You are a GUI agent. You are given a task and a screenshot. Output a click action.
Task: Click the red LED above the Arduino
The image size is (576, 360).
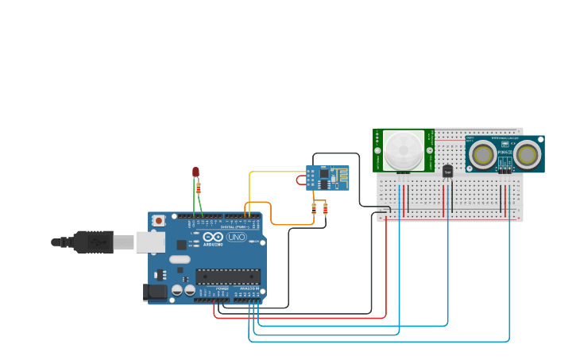pyautogui.click(x=195, y=172)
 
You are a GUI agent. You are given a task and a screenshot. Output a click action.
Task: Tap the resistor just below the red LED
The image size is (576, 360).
pyautogui.click(x=198, y=188)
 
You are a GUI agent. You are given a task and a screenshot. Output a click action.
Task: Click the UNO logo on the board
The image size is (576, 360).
pyautogui.click(x=237, y=237)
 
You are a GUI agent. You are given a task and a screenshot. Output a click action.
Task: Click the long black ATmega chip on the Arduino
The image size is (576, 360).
pyautogui.click(x=228, y=277)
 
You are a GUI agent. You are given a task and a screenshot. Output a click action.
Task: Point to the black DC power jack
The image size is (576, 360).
pyautogui.click(x=157, y=292)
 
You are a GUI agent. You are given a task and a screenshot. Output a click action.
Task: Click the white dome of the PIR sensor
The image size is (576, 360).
pyautogui.click(x=404, y=149)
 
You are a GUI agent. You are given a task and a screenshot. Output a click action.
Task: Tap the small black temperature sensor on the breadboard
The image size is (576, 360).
pyautogui.click(x=447, y=171)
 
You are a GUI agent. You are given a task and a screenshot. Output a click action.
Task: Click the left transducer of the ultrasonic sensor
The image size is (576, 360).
pyautogui.click(x=482, y=154)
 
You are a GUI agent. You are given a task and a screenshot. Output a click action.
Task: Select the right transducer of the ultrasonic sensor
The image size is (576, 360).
pyautogui.click(x=528, y=154)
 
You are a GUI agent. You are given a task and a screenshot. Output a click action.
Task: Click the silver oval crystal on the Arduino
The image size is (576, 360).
pyautogui.click(x=180, y=259)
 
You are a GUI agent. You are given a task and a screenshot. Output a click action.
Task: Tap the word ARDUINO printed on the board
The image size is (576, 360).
pyautogui.click(x=214, y=245)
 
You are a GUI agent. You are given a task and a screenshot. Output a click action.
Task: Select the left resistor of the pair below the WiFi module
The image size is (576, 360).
pyautogui.click(x=314, y=208)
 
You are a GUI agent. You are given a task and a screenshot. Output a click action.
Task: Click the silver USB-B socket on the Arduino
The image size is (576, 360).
pyautogui.click(x=149, y=242)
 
